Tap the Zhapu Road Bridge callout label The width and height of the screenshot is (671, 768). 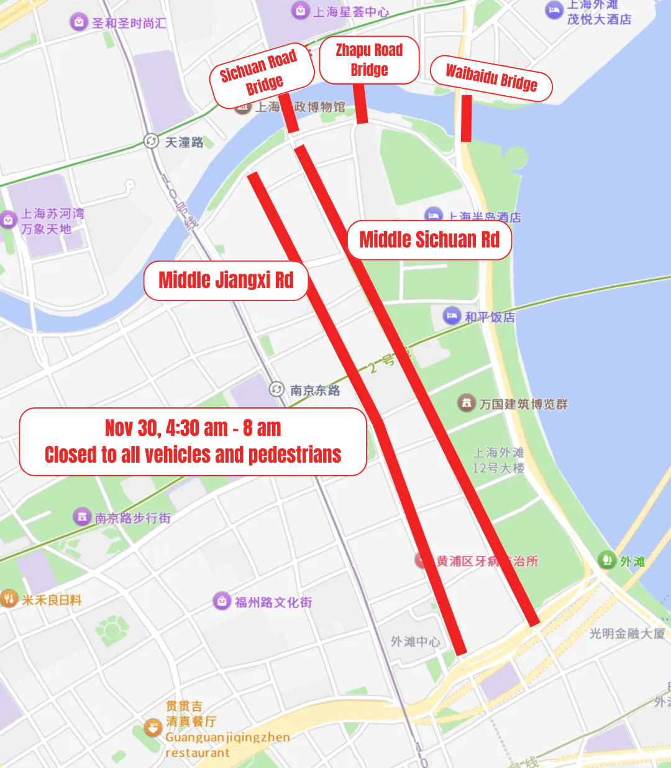[369, 60]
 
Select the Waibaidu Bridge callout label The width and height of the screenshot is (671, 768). [491, 78]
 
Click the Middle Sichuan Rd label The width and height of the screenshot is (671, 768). [429, 239]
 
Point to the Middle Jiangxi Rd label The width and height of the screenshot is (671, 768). [226, 280]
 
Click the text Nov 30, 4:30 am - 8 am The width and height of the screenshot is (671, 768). [193, 428]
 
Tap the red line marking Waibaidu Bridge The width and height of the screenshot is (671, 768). [466, 118]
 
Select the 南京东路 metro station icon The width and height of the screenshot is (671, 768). [276, 389]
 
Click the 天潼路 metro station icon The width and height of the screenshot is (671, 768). [151, 141]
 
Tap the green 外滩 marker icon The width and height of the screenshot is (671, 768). [606, 560]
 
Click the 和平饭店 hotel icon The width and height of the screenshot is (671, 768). [452, 316]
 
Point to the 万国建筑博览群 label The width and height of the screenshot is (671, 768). [523, 404]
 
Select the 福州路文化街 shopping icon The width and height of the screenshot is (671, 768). [222, 601]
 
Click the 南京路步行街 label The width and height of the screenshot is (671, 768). [132, 518]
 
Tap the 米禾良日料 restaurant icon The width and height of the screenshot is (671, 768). [9, 599]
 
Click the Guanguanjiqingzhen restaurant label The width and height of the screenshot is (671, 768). [227, 744]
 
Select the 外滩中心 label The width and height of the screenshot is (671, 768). [415, 641]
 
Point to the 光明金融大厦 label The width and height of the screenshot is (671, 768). [626, 633]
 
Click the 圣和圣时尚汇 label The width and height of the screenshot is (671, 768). [129, 24]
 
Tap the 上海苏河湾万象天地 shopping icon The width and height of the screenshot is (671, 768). [8, 220]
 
